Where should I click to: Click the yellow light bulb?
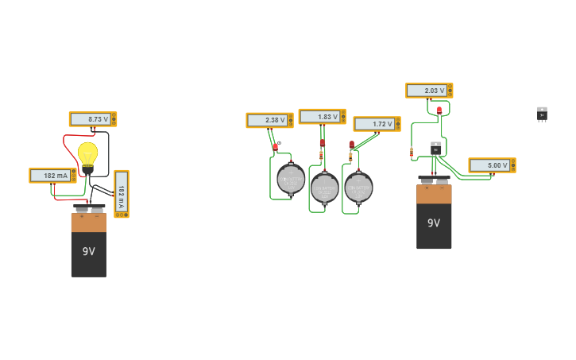[x=87, y=154]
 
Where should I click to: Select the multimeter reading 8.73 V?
[x=92, y=119]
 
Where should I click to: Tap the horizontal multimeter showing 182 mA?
[x=52, y=176]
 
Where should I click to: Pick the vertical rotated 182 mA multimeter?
[x=121, y=193]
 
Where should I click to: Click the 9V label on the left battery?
[x=88, y=251]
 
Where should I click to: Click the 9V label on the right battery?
[x=434, y=223]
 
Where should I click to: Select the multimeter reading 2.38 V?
[x=269, y=121]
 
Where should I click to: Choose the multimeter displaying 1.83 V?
[x=322, y=117]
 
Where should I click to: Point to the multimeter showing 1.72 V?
[x=377, y=124]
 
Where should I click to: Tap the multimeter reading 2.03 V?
[x=429, y=91]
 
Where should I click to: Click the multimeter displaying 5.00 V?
[x=492, y=165]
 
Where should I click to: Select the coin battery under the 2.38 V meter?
[x=291, y=180]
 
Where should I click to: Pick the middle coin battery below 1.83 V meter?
[x=324, y=188]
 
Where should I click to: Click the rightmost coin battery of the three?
[x=358, y=188]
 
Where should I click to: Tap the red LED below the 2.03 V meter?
[x=439, y=110]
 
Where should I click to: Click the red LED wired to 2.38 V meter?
[x=275, y=146]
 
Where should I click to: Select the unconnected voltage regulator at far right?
[x=542, y=114]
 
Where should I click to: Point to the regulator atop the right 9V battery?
[x=435, y=149]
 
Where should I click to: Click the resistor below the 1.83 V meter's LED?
[x=321, y=156]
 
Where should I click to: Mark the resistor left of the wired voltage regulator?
[x=411, y=152]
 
